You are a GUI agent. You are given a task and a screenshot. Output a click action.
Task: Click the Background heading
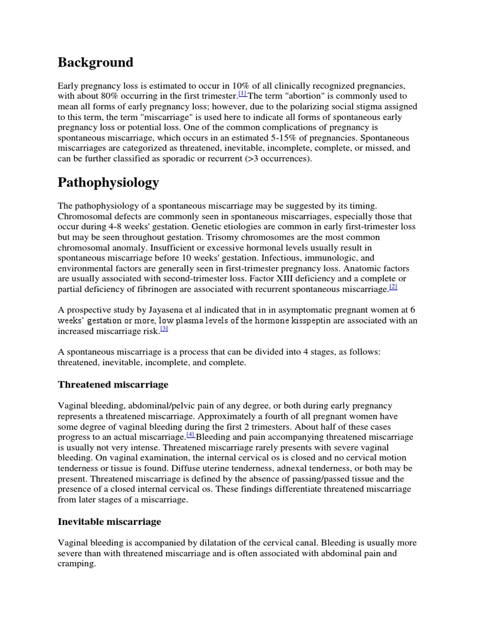95,63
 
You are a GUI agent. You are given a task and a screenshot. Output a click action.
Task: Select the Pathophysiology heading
108,183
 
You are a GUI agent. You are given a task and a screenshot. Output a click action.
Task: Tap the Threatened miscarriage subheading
113,384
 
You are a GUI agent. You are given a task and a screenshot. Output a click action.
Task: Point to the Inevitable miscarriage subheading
109,521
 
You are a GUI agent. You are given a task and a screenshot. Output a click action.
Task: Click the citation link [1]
243,94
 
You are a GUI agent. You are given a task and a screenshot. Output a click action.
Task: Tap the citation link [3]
164,329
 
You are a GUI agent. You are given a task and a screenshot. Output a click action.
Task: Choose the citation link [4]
191,435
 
